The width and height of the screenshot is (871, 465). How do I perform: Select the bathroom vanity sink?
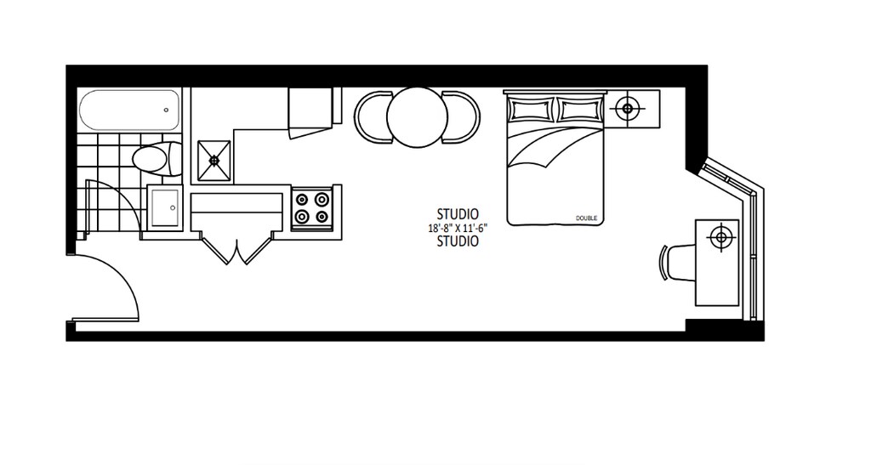164,207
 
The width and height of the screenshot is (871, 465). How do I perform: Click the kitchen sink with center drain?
213,158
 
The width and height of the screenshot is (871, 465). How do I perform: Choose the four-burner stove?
311,208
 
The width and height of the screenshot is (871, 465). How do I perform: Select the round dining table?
417,117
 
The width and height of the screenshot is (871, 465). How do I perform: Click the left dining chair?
371,117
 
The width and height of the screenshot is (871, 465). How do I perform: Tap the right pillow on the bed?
580,109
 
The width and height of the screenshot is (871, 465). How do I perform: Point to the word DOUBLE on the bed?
587,218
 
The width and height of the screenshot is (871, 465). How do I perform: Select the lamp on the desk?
721,237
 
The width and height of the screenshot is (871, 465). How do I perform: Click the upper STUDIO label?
457,214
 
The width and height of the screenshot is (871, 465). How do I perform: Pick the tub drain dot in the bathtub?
165,109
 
